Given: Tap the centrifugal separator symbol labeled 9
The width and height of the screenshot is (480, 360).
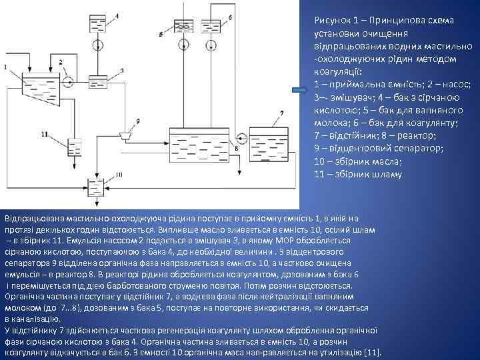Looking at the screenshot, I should [123, 135].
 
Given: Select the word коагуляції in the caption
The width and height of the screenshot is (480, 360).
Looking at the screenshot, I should [339, 72].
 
